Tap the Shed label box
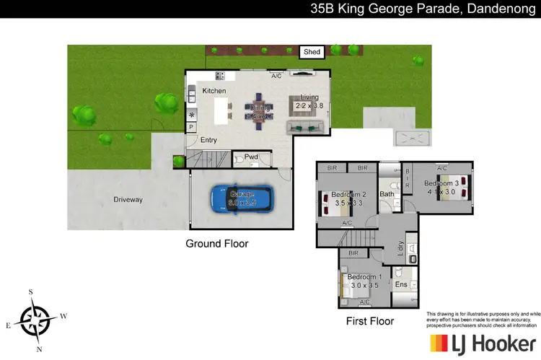coord(312,52)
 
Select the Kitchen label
coord(214,91)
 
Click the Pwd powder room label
coord(251,157)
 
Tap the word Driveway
coord(128,199)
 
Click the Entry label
coord(208,140)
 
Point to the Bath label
coord(387,193)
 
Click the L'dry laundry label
coord(400,250)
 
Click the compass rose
coord(35,317)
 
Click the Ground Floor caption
coord(217,244)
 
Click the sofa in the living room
coord(306,128)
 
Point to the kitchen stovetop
coord(219,75)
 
